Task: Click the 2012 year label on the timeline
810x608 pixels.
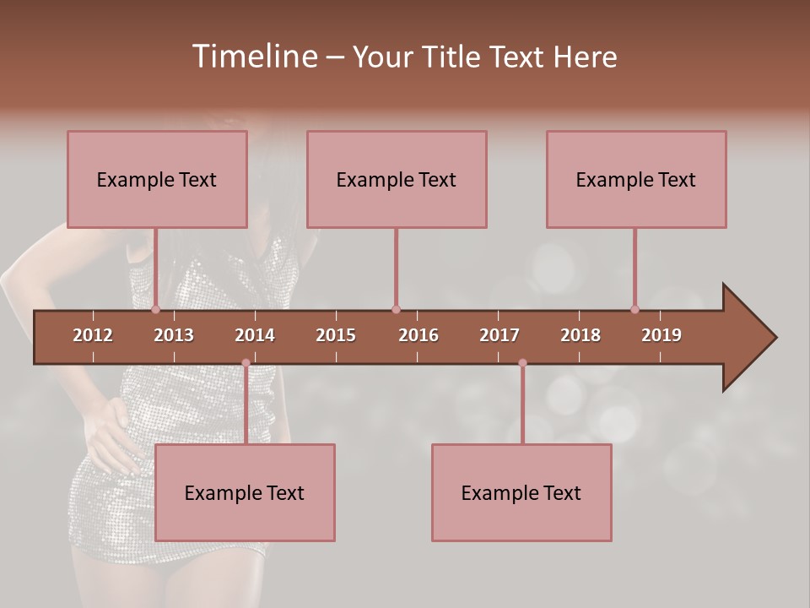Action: [x=93, y=335]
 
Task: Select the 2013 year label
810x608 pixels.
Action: [x=174, y=335]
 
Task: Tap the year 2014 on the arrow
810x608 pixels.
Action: [x=255, y=335]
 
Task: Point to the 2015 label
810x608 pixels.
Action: [x=336, y=335]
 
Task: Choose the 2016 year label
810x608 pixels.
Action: [x=418, y=335]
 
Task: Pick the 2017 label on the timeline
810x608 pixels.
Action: [x=499, y=335]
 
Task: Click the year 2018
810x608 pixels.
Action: [x=580, y=335]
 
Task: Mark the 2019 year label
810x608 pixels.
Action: [x=661, y=335]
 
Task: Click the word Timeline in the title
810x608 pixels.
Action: [x=253, y=57]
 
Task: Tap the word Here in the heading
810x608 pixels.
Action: [x=585, y=57]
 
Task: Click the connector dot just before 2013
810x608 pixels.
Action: [x=155, y=310]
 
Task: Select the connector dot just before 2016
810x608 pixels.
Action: [x=396, y=310]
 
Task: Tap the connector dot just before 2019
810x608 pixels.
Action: [x=634, y=310]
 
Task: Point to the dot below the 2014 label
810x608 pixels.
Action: [x=246, y=363]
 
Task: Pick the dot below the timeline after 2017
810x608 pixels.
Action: [x=522, y=363]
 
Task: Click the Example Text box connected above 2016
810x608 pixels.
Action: [x=397, y=179]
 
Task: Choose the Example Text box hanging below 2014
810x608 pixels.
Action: [x=245, y=492]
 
